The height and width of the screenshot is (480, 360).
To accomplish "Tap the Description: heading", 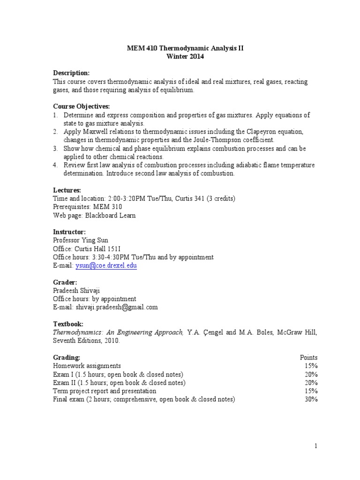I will click(71, 73).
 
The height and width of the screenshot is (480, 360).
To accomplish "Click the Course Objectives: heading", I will click(81, 106).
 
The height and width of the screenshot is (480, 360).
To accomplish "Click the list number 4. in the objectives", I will click(55, 165).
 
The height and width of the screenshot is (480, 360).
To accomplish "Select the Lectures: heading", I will click(67, 190).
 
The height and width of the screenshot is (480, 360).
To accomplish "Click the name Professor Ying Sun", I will click(81, 240).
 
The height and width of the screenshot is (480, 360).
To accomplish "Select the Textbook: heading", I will click(68, 324).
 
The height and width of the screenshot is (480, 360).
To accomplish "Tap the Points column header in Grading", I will click(308, 357).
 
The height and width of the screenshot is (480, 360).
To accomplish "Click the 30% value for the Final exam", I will click(310, 399).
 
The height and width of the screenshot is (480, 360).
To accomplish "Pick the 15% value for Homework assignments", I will click(310, 366).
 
